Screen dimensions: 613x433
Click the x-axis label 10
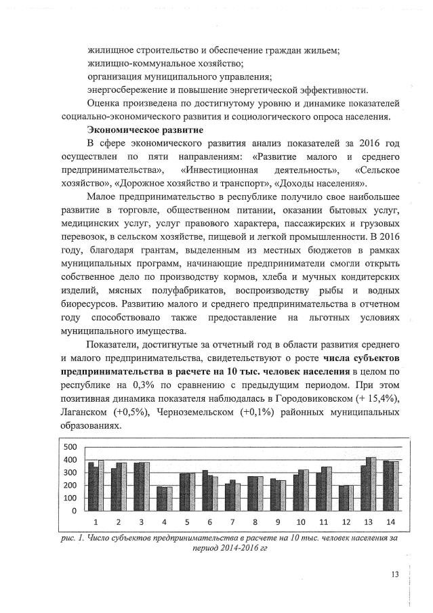pos(300,523)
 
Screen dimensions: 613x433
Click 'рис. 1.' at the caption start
pos(75,538)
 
